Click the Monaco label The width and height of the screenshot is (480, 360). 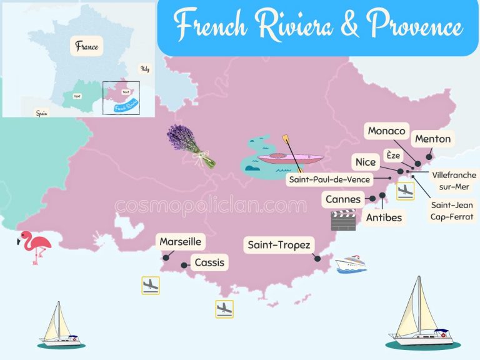pyautogui.click(x=387, y=131)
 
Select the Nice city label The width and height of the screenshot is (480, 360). pyautogui.click(x=366, y=162)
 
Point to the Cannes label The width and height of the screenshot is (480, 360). pyautogui.click(x=343, y=199)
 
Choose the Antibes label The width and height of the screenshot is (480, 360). pyautogui.click(x=384, y=217)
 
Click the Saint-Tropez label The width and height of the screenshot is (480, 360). pyautogui.click(x=279, y=245)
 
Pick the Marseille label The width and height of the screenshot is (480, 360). pyautogui.click(x=181, y=241)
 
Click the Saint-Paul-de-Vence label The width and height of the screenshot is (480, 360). pyautogui.click(x=329, y=179)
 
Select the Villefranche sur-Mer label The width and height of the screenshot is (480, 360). pyautogui.click(x=454, y=181)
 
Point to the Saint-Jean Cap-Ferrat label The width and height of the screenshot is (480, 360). pyautogui.click(x=452, y=211)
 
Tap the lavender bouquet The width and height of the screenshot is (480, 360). pyautogui.click(x=191, y=144)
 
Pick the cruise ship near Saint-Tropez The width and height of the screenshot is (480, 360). pyautogui.click(x=351, y=264)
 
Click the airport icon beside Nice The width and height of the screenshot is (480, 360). pyautogui.click(x=406, y=189)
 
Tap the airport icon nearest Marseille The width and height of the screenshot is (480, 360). pyautogui.click(x=151, y=286)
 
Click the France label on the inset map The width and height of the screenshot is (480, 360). pyautogui.click(x=87, y=46)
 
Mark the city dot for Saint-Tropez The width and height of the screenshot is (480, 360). pyautogui.click(x=317, y=258)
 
